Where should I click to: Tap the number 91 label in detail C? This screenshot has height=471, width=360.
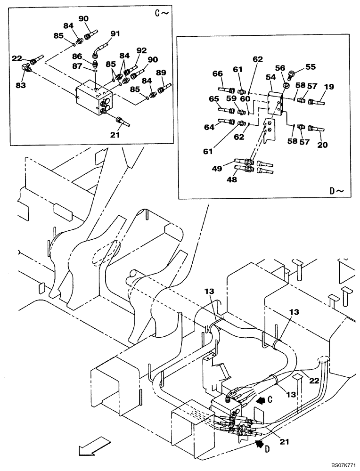point(115,33)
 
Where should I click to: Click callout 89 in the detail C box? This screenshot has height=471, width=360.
point(161,73)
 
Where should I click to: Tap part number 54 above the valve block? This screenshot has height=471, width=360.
point(271,76)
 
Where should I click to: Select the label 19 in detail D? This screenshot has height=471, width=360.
point(328,87)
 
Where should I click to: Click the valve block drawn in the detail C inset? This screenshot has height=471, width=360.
point(94,100)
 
